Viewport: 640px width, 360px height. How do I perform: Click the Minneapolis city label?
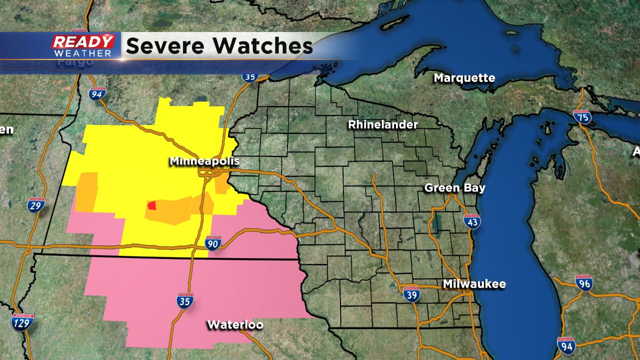[204, 161]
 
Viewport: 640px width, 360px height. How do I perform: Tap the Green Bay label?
[454, 188]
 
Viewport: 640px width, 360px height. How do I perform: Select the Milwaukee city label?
[474, 284]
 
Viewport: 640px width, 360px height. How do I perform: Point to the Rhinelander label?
[382, 124]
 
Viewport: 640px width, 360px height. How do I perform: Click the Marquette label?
[464, 78]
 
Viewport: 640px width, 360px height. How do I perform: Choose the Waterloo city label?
[235, 324]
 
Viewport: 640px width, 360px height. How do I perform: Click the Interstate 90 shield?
[212, 243]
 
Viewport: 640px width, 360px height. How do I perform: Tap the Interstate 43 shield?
[472, 221]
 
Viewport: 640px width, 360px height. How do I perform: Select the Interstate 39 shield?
[411, 293]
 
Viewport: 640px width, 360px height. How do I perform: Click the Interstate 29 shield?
[35, 205]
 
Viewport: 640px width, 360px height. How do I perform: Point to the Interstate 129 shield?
[23, 322]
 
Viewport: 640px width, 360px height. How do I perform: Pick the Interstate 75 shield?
[582, 117]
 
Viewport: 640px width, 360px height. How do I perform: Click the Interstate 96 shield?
[583, 283]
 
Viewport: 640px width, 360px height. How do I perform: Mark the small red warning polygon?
[151, 205]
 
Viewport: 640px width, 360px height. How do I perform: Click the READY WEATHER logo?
[83, 46]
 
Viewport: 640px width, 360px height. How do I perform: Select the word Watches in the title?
[264, 46]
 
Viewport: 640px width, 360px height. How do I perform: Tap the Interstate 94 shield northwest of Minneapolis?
[97, 93]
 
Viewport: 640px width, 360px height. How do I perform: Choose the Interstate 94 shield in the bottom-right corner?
[566, 345]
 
